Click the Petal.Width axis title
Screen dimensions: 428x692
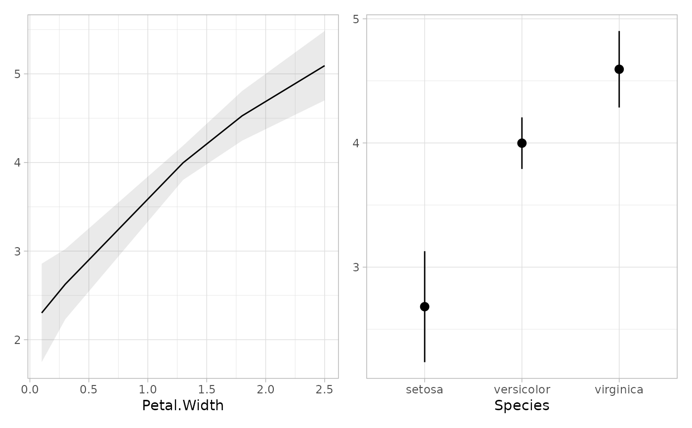click(183, 406)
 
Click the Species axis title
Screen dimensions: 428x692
click(521, 406)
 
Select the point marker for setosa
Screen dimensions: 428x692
click(425, 307)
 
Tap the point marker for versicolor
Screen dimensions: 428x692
click(521, 143)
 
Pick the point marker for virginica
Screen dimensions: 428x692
click(619, 69)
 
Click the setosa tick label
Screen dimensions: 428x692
click(425, 390)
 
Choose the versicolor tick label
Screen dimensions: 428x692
click(521, 390)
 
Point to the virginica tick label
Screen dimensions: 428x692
click(619, 390)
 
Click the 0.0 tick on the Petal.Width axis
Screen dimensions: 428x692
click(30, 389)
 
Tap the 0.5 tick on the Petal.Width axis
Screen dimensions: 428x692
click(89, 389)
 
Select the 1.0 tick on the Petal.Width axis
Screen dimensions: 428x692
click(148, 389)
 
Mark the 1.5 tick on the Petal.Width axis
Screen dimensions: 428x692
click(207, 389)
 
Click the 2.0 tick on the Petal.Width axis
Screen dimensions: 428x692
click(265, 389)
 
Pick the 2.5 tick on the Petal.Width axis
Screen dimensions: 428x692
click(324, 389)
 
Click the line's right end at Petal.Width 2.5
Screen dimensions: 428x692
click(324, 66)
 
